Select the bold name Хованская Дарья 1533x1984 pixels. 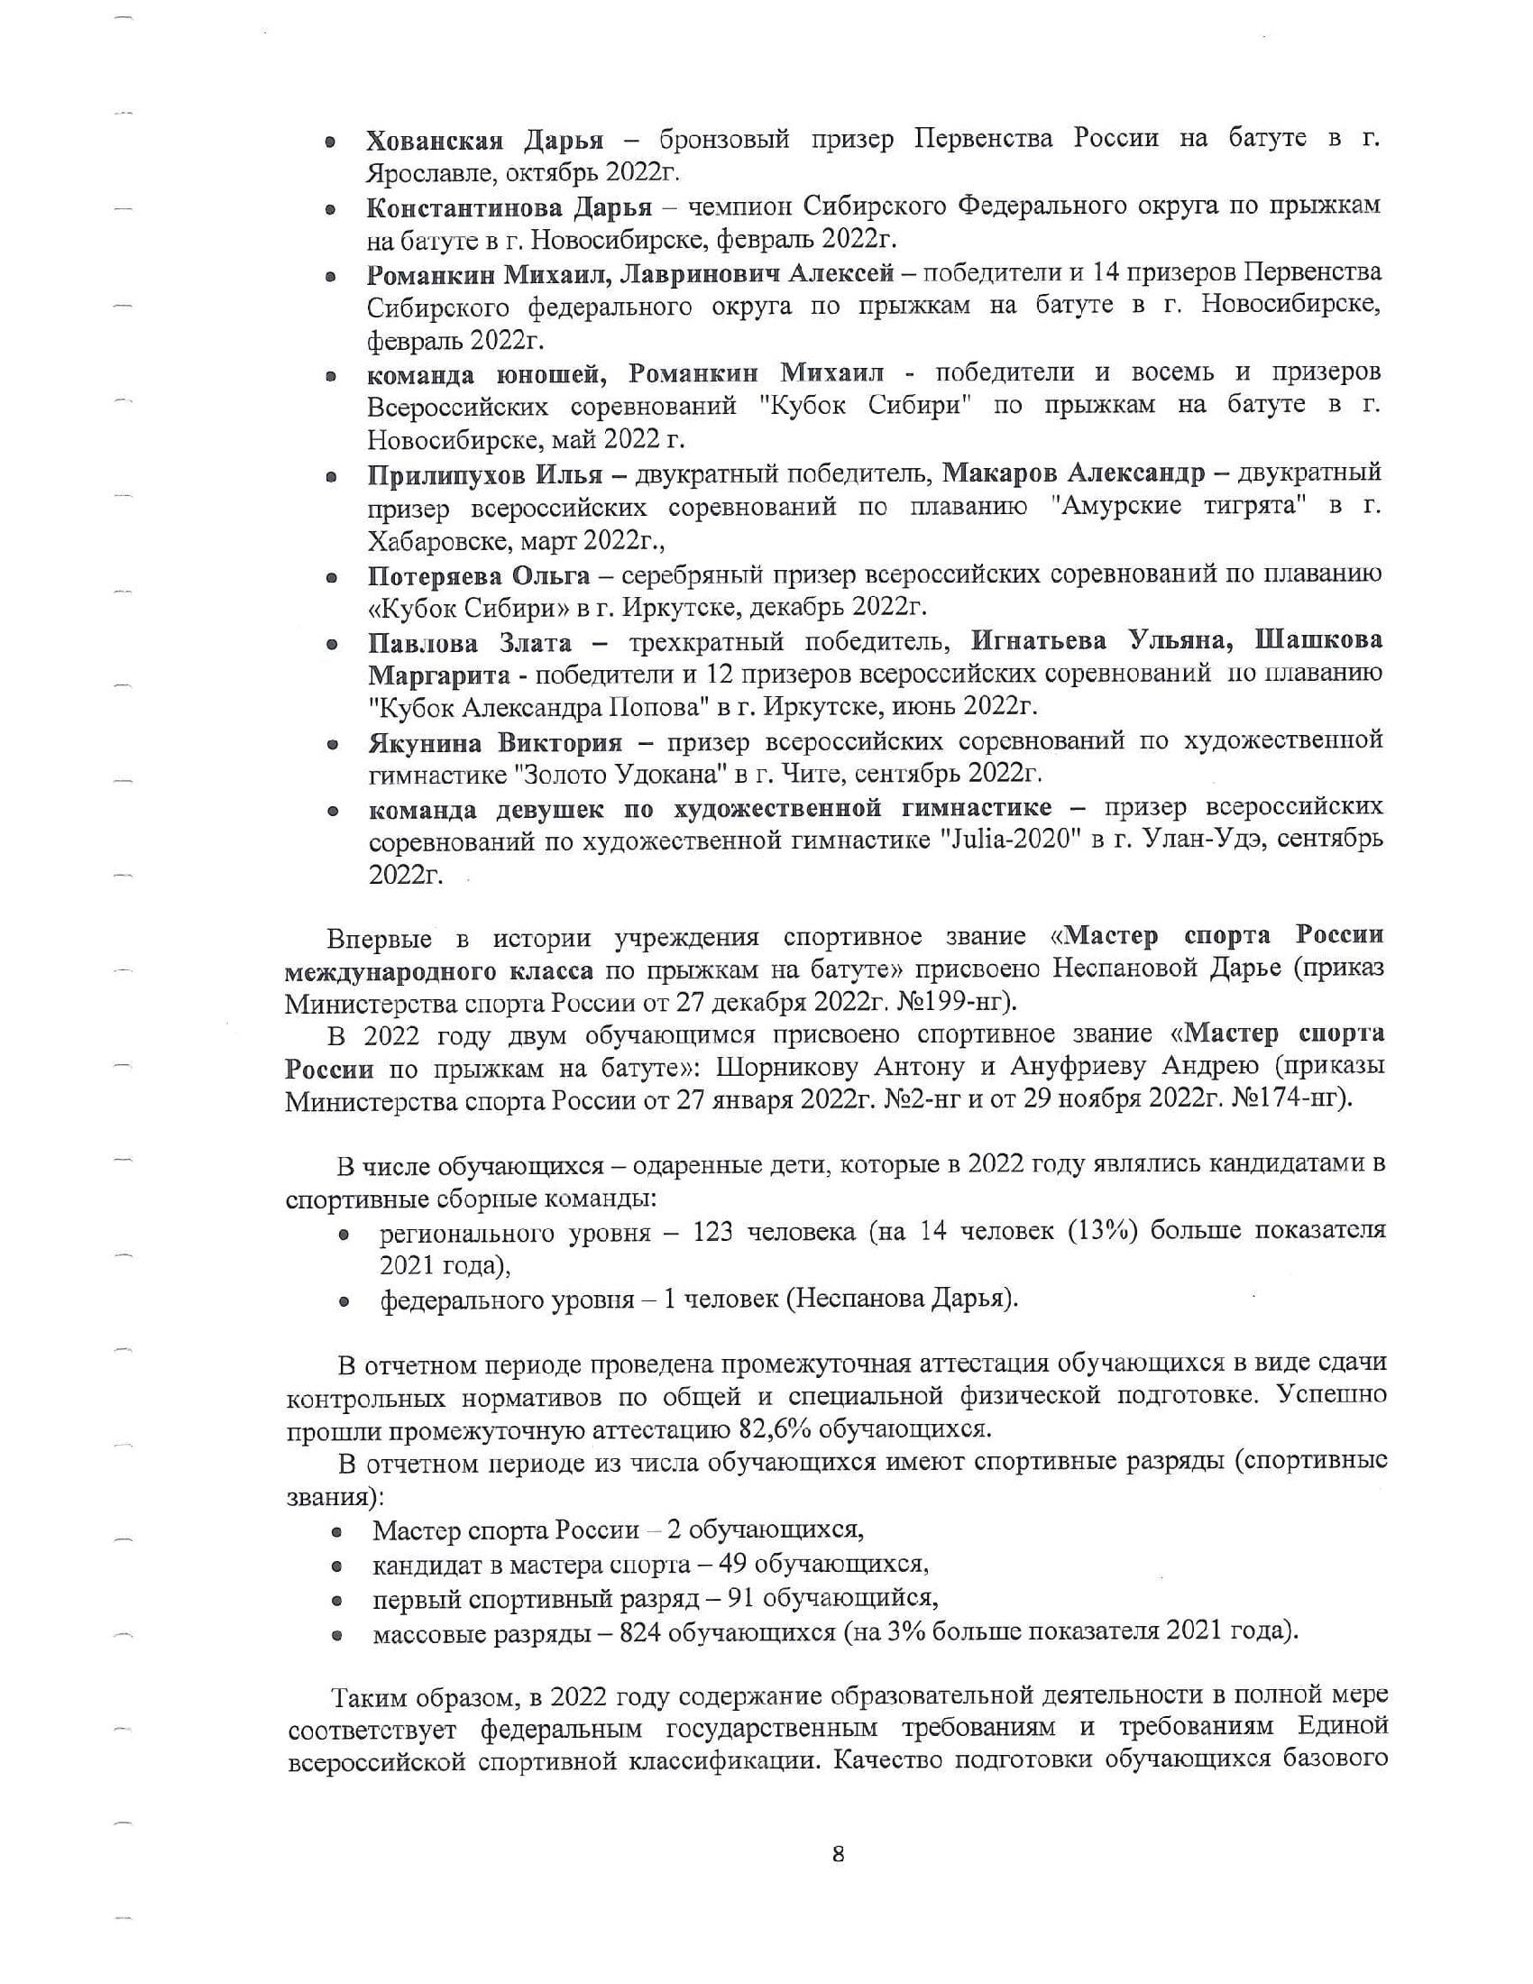point(485,140)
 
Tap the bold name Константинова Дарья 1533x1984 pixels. point(509,207)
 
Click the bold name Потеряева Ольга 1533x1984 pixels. point(479,576)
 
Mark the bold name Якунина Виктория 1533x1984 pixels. point(495,742)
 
